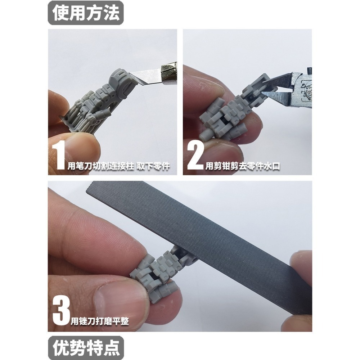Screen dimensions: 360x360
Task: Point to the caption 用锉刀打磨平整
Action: [x=98, y=320]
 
